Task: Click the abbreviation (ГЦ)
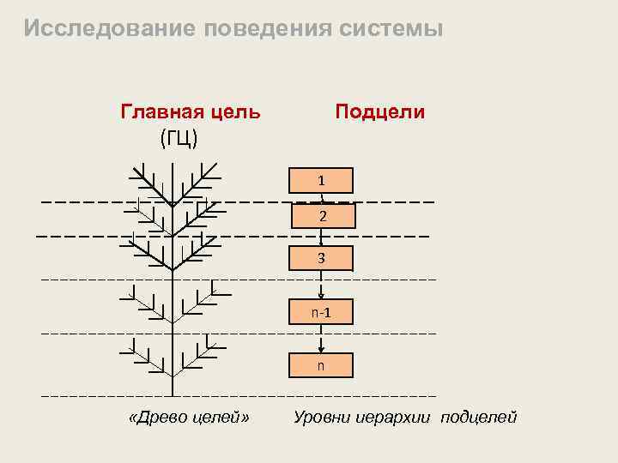pyautogui.click(x=179, y=136)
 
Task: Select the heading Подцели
pyautogui.click(x=380, y=112)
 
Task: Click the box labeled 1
pyautogui.click(x=321, y=181)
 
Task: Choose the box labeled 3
pyautogui.click(x=321, y=258)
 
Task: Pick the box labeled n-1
pyautogui.click(x=321, y=313)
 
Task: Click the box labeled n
pyautogui.click(x=321, y=365)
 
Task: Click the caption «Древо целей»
pyautogui.click(x=188, y=418)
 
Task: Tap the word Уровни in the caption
pyautogui.click(x=321, y=418)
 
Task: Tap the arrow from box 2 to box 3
pyautogui.click(x=321, y=238)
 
